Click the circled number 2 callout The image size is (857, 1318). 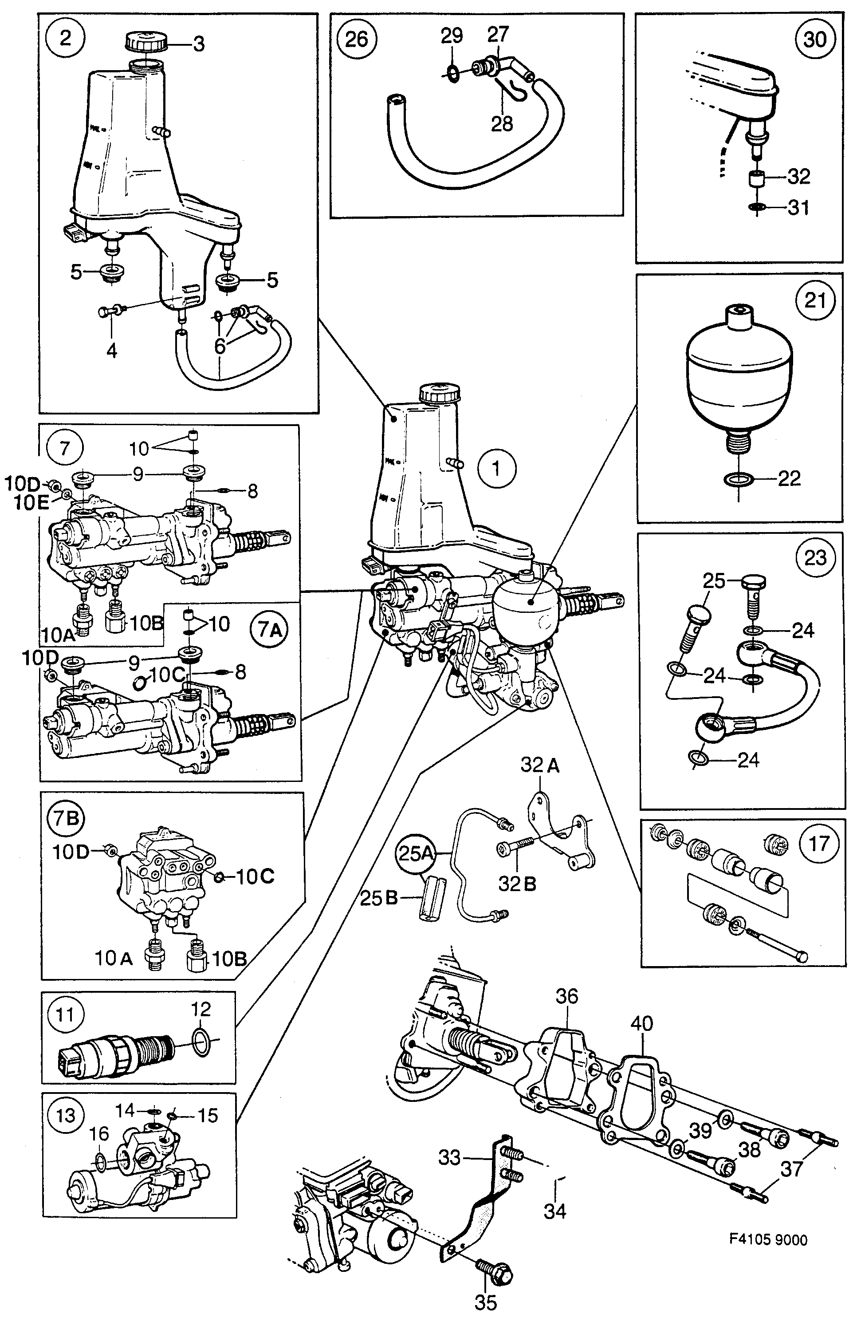pyautogui.click(x=65, y=39)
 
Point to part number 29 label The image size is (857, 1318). pyautogui.click(x=452, y=36)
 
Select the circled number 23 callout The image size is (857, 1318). pyautogui.click(x=815, y=558)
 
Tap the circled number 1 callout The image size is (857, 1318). pyautogui.click(x=497, y=469)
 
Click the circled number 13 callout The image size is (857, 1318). pyautogui.click(x=65, y=1114)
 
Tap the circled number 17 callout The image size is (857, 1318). pyautogui.click(x=819, y=844)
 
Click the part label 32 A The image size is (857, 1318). pyautogui.click(x=540, y=766)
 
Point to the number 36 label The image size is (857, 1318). pyautogui.click(x=566, y=996)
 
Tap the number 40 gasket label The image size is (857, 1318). pyautogui.click(x=642, y=1023)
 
